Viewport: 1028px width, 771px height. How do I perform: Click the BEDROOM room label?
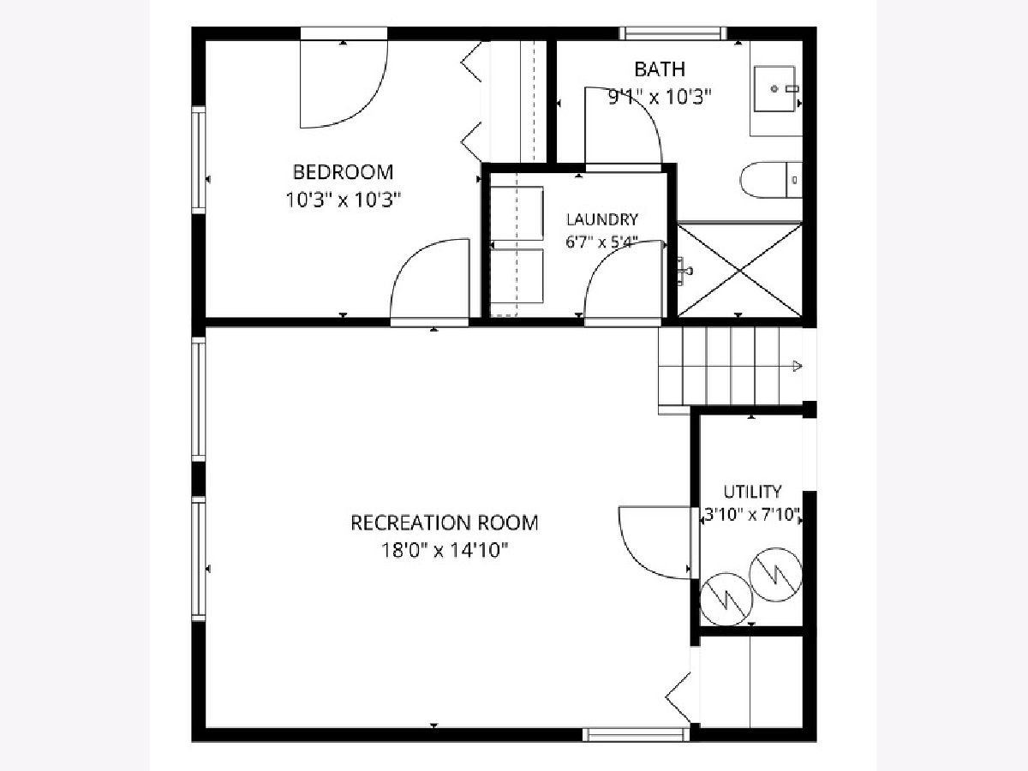(x=343, y=172)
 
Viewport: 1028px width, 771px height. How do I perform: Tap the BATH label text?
(x=660, y=69)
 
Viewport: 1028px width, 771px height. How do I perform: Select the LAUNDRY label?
(x=602, y=219)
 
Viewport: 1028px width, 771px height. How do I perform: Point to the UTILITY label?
(x=753, y=492)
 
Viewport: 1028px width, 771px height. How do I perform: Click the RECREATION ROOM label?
(x=445, y=523)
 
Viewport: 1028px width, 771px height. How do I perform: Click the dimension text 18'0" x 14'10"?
(x=445, y=550)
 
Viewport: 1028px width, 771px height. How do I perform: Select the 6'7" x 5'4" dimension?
(x=602, y=242)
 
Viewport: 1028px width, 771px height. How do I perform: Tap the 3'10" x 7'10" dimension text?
(x=752, y=515)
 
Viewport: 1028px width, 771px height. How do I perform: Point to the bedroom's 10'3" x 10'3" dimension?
(x=344, y=200)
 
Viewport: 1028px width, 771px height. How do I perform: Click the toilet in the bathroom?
(x=771, y=180)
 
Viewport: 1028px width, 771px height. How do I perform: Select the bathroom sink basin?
(x=774, y=88)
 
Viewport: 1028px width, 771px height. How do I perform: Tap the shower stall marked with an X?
(x=740, y=270)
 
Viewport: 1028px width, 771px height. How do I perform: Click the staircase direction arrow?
(x=797, y=366)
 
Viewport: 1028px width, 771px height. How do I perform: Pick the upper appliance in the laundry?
(x=517, y=213)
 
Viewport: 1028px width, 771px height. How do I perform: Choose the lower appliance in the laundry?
(x=517, y=276)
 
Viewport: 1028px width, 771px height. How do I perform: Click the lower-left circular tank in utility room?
(x=726, y=599)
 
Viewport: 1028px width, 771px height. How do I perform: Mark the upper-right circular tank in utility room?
(x=775, y=574)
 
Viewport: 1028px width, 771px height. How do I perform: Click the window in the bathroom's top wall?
(x=673, y=33)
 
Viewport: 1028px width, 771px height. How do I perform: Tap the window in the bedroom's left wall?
(x=199, y=160)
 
